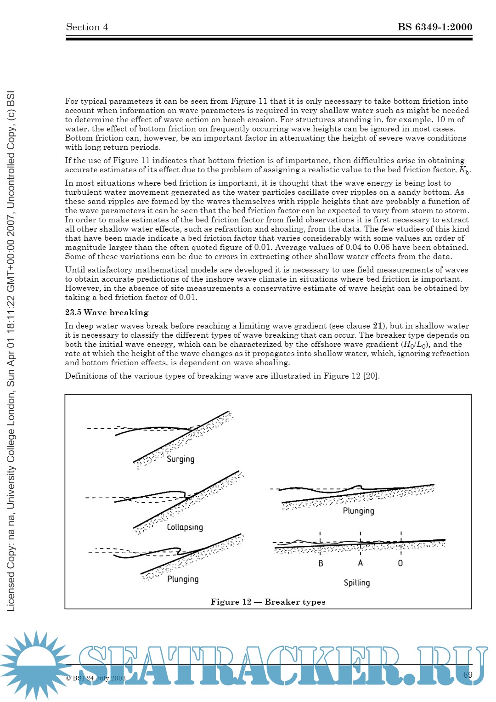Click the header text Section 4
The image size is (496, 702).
click(x=87, y=27)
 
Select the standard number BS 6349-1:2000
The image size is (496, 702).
click(x=434, y=27)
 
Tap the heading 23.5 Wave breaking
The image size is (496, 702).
click(x=107, y=312)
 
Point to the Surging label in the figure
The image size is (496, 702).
click(x=180, y=459)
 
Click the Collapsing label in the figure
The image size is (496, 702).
click(x=185, y=527)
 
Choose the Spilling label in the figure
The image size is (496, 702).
click(x=356, y=583)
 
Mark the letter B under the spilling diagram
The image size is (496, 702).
click(x=321, y=563)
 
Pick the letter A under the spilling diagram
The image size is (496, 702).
click(x=361, y=563)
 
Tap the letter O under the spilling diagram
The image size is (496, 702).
click(x=400, y=563)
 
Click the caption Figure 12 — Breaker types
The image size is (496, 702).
click(x=268, y=602)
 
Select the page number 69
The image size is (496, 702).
click(x=468, y=675)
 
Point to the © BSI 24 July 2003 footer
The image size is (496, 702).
click(x=96, y=678)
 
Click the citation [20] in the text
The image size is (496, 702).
click(x=371, y=376)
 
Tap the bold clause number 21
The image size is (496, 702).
click(x=378, y=326)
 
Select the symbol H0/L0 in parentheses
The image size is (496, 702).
click(x=415, y=345)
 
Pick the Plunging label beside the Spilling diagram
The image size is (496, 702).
click(x=358, y=511)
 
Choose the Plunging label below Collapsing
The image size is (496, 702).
click(x=183, y=579)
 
